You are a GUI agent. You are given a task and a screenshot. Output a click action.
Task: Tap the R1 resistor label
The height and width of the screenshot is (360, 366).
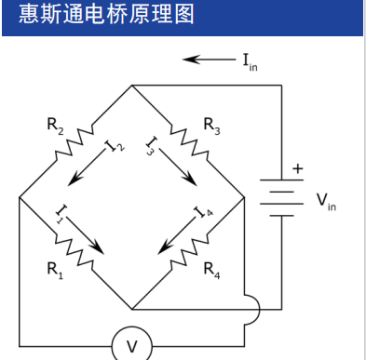coord(55,271)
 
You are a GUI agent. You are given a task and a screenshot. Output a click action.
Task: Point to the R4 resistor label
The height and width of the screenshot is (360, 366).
coord(211,271)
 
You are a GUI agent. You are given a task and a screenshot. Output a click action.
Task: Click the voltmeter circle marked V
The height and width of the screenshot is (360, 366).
coord(131,346)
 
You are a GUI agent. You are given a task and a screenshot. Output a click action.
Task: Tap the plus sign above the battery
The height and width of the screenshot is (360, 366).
coord(298,168)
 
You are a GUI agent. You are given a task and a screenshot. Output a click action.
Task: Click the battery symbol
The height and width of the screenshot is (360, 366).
coord(280,197)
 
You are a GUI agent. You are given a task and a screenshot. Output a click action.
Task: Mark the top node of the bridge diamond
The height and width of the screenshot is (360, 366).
coord(131,86)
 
